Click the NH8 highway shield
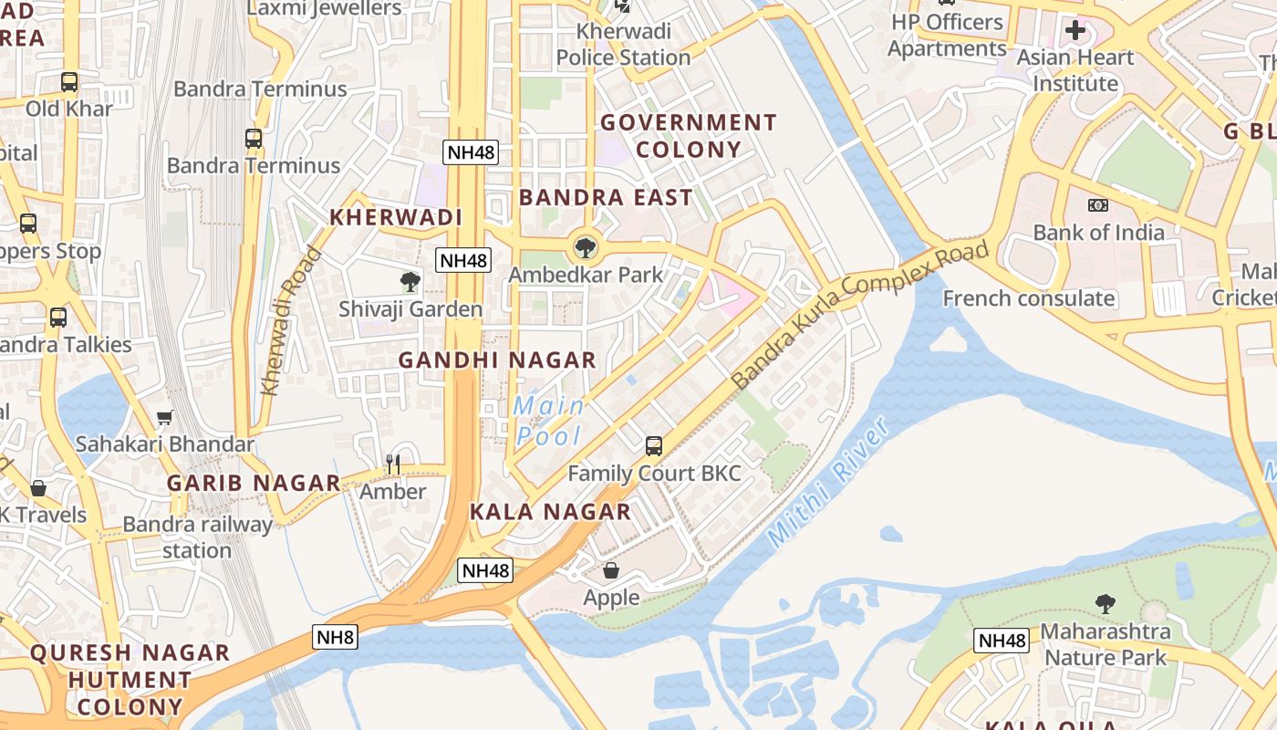335,637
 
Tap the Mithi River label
828,483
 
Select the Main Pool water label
549,421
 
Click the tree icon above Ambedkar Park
585,247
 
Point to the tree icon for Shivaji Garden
410,282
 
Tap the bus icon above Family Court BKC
654,446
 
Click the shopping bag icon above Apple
611,570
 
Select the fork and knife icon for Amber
393,464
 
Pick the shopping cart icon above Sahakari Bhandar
165,418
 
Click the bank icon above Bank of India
1098,205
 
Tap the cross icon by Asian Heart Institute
1075,31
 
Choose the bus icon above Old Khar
69,82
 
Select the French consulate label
1028,298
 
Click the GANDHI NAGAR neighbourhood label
497,360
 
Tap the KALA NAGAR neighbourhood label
550,512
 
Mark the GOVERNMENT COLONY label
688,136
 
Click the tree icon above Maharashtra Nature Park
1106,603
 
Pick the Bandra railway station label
197,537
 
